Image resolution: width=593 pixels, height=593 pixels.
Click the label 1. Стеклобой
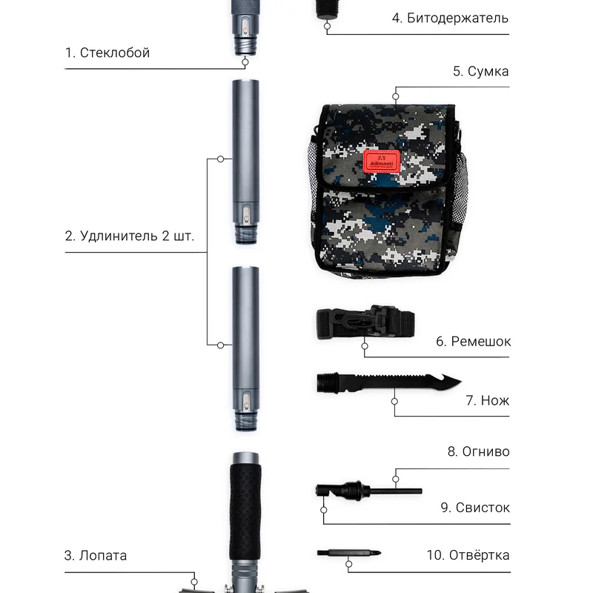point(107,53)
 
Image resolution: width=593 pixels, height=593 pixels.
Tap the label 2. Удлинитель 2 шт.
point(129,236)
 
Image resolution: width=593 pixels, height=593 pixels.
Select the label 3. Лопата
point(96,555)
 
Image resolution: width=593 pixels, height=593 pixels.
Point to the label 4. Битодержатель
point(450,18)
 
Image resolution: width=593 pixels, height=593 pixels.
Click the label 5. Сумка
point(480,71)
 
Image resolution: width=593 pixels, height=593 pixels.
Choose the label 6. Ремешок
point(473,342)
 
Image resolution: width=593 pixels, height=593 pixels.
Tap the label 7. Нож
point(488,400)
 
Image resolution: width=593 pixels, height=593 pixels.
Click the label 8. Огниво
point(478,451)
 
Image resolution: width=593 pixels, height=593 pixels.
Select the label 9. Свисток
point(475,508)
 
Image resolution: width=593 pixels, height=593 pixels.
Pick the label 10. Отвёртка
point(468,555)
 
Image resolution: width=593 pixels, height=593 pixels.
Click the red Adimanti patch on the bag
point(382,160)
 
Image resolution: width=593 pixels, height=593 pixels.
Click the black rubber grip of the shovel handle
point(245,512)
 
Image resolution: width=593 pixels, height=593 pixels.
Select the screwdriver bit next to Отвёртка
point(348,553)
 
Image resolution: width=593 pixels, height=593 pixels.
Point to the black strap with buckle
point(365,322)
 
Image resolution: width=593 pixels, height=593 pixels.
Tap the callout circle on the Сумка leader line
point(396,96)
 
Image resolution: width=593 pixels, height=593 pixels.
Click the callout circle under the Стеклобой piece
point(245,62)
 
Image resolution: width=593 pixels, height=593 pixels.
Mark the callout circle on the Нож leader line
point(394,401)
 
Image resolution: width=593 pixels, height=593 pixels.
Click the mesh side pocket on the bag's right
point(460,189)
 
